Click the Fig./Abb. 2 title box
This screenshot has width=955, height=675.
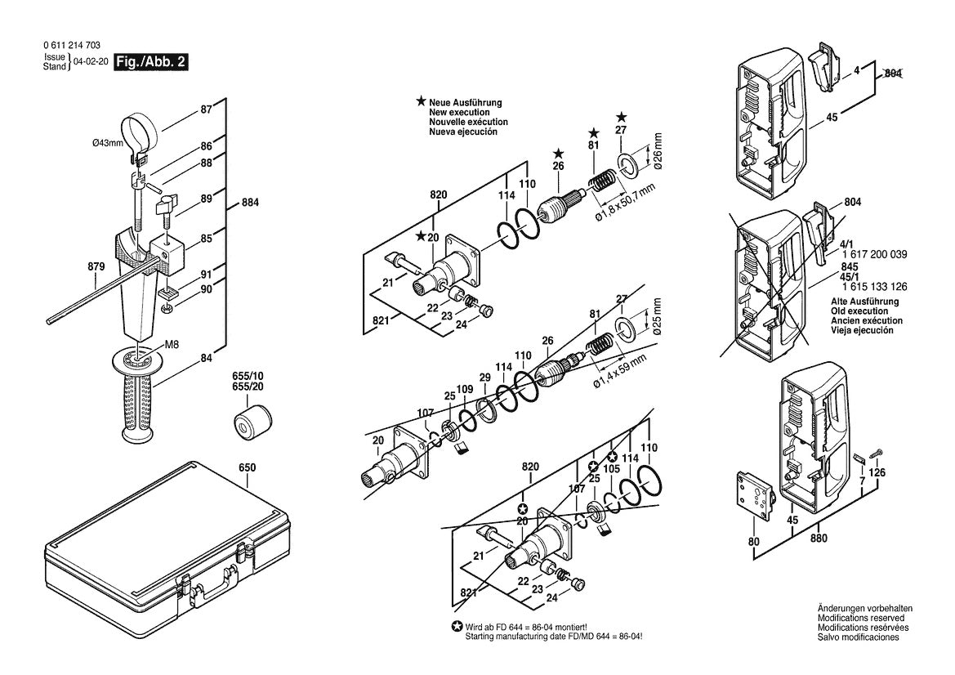151,61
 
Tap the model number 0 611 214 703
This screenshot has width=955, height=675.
71,46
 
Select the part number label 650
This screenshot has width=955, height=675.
247,467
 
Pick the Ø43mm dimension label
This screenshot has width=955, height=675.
107,144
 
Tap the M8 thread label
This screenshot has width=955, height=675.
173,345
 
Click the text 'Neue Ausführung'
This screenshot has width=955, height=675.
466,103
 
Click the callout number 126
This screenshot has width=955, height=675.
876,472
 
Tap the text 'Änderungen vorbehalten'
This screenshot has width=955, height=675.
864,610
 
